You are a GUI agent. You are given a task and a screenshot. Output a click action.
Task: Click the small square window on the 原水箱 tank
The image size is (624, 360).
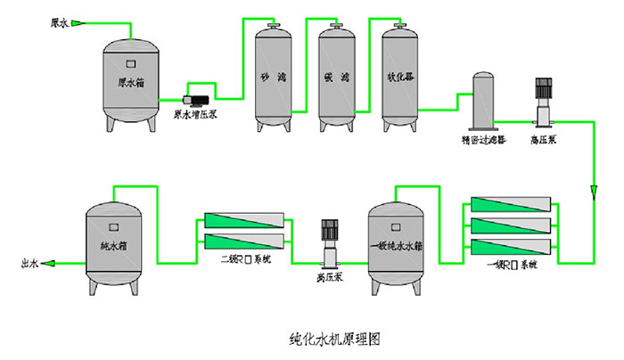(x=130, y=62)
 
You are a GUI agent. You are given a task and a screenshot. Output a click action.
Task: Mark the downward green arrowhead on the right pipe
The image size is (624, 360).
(x=595, y=192)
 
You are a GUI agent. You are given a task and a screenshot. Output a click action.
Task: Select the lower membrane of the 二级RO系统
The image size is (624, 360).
(x=244, y=241)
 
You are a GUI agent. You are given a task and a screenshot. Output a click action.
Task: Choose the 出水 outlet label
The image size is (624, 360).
(x=30, y=264)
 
